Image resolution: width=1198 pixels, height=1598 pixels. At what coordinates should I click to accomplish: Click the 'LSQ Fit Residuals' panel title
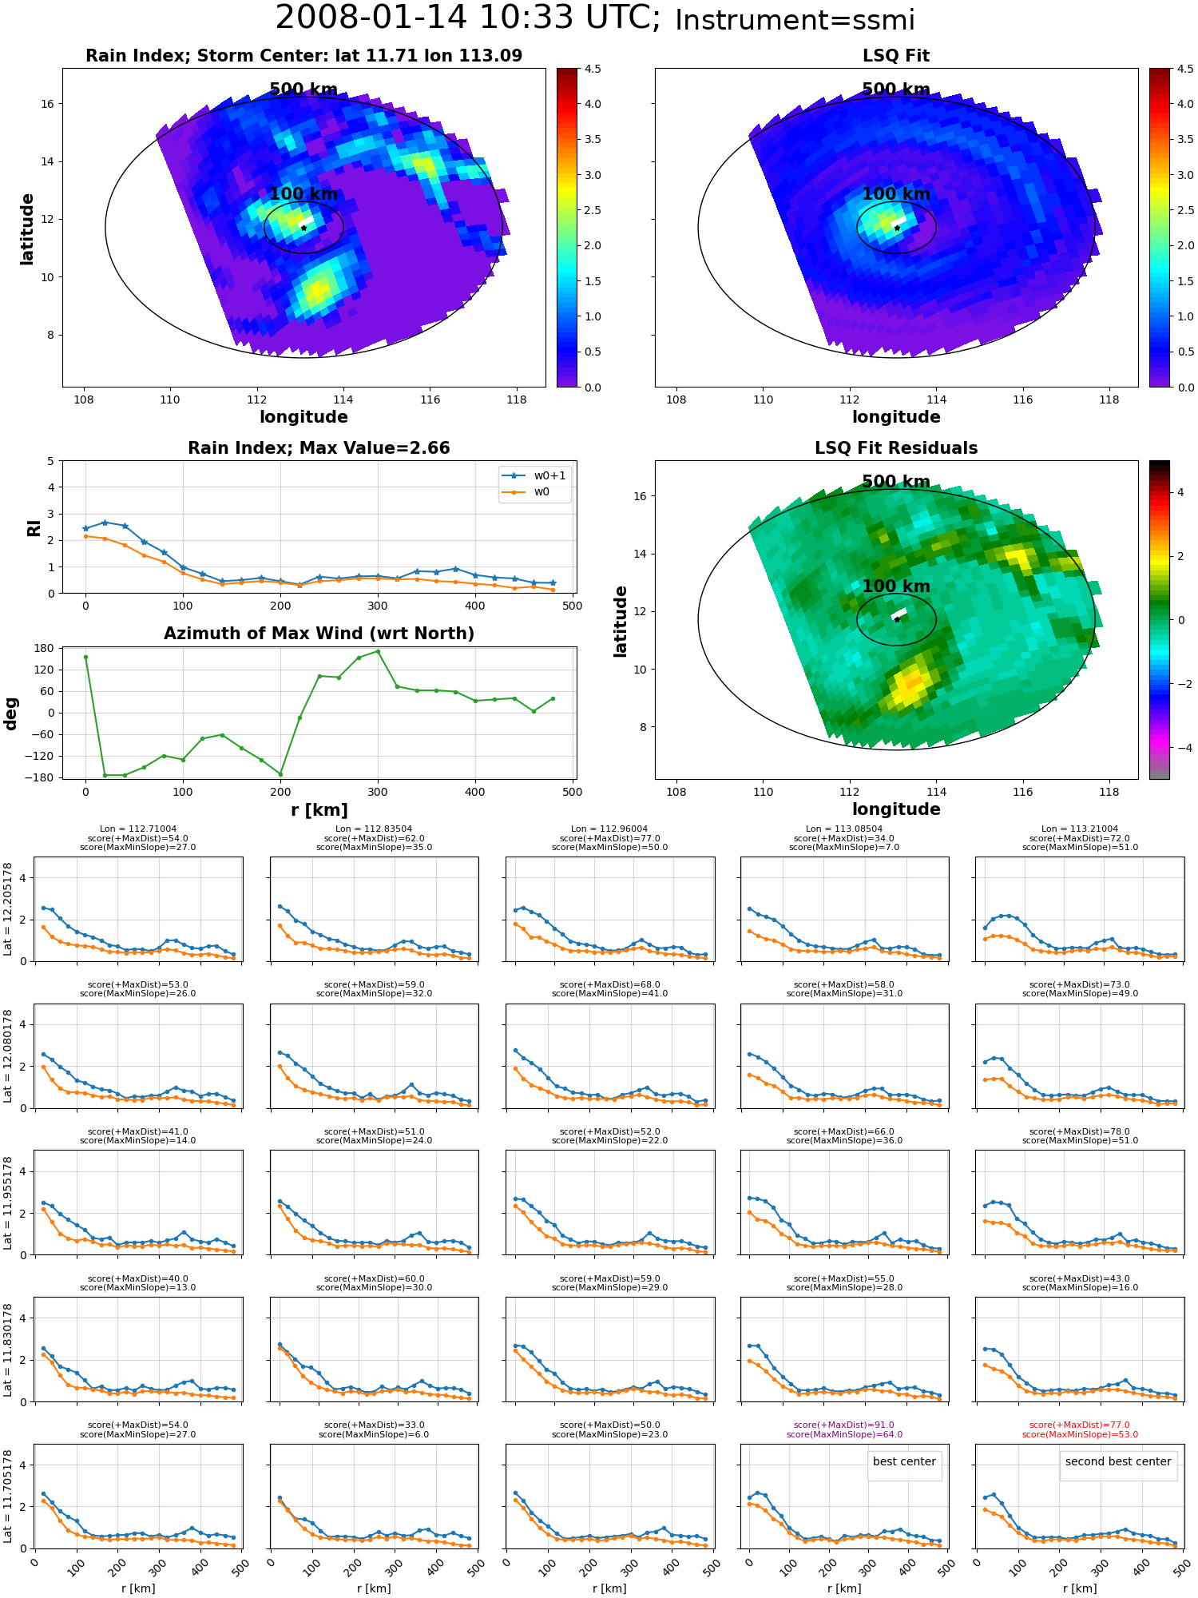(896, 448)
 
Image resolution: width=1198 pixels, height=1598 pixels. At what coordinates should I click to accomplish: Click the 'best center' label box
(904, 1461)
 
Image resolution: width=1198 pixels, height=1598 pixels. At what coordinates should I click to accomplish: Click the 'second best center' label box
(1118, 1461)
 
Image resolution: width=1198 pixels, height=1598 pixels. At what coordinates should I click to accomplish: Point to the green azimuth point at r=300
(378, 651)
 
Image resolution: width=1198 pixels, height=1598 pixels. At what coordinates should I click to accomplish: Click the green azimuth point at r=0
(85, 657)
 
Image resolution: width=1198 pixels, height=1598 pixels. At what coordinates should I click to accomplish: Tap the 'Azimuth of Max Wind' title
(319, 634)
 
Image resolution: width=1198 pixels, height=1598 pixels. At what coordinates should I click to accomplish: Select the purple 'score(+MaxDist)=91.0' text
(844, 1425)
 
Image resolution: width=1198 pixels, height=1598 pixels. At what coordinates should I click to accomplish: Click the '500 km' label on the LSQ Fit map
(896, 89)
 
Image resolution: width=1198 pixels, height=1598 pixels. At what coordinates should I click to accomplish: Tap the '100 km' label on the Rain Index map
(303, 193)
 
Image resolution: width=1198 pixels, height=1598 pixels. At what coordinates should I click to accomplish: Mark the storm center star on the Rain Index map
(303, 228)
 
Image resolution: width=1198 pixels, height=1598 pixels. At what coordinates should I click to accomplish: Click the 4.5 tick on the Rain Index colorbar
(593, 69)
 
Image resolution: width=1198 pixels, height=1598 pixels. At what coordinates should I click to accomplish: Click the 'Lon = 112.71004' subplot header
(138, 829)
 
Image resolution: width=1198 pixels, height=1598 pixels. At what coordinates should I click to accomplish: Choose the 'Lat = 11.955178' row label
(8, 1202)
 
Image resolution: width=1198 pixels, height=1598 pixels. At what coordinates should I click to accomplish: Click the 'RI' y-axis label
(34, 527)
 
